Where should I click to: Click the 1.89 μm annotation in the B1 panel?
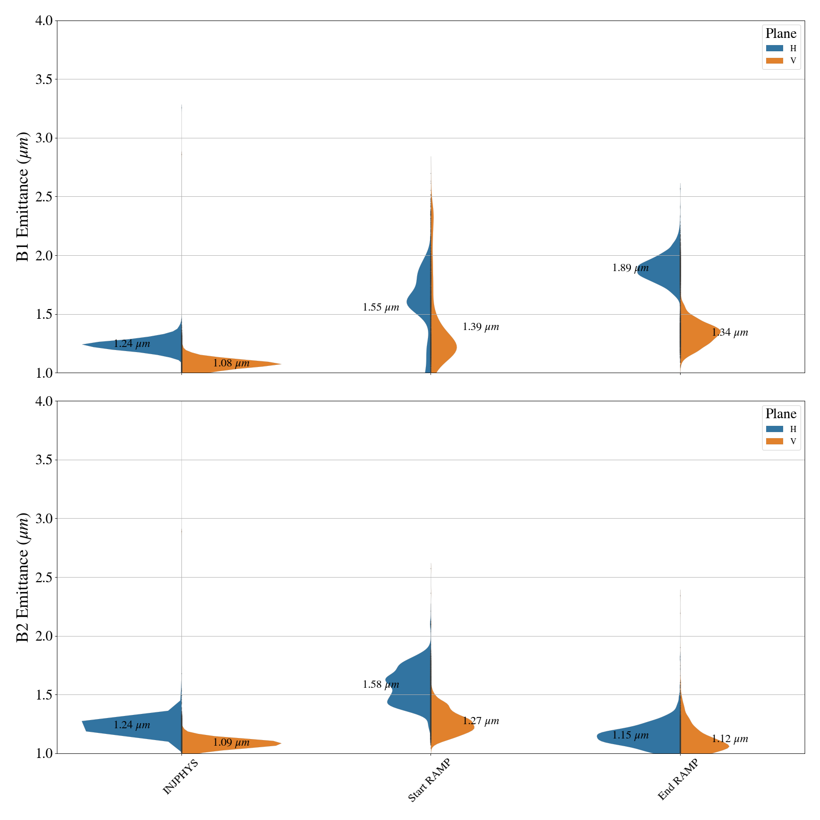(630, 268)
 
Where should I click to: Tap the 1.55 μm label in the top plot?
(381, 307)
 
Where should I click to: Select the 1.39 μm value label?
(481, 327)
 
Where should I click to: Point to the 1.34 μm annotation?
(730, 333)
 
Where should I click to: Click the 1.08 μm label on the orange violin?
(231, 363)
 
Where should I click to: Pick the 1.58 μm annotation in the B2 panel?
(381, 685)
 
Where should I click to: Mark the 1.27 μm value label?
(481, 721)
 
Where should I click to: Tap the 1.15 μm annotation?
(630, 735)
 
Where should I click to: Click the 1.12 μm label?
(730, 739)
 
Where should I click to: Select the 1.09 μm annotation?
(231, 743)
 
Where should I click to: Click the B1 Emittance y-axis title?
(23, 197)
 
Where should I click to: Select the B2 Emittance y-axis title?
(23, 577)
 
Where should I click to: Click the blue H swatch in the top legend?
(774, 48)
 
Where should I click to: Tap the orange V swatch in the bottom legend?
(774, 441)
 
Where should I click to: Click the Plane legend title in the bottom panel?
(781, 414)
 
